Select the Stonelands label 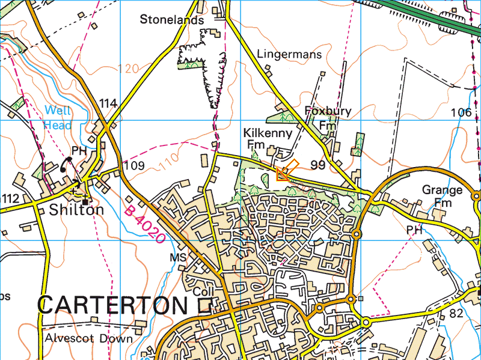172,19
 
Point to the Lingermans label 289,54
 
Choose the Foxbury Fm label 328,118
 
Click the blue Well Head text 58,118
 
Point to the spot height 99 318,164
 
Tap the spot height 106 461,112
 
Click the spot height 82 457,313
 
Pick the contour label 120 129,68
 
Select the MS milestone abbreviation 179,257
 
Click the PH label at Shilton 79,150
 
